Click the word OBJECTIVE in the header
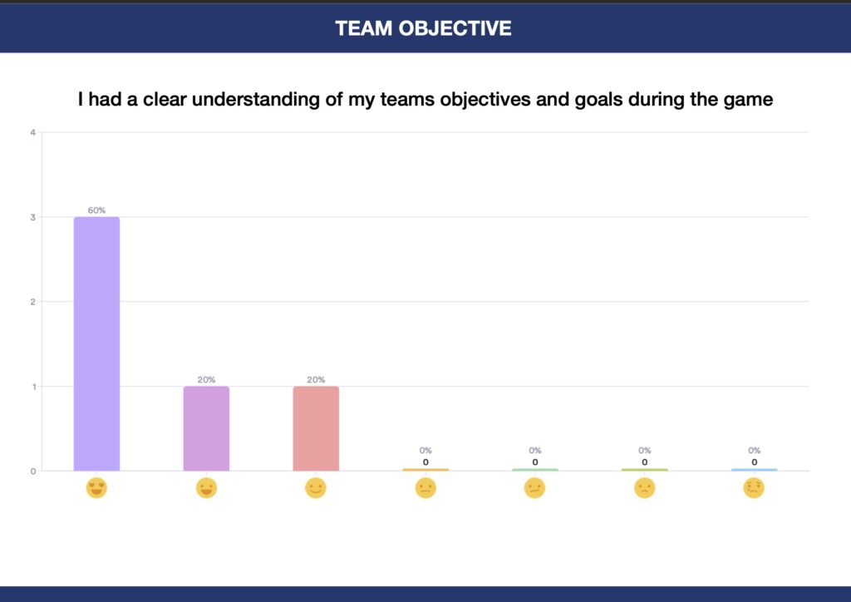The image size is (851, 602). point(455,28)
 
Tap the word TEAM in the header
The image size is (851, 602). point(364,28)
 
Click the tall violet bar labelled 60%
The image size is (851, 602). point(96,343)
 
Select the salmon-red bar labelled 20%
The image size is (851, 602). point(316,428)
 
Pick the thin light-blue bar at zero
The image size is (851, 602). point(755,470)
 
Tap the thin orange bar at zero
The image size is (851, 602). point(425,470)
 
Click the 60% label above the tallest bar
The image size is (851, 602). point(96,210)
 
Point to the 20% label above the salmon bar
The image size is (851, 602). point(316,379)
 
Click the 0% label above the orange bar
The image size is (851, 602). point(425,450)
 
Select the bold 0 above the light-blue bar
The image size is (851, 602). point(755,462)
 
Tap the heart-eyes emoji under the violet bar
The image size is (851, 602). point(96,488)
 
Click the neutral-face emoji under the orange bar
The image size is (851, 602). point(425,488)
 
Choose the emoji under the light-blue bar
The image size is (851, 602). point(754,488)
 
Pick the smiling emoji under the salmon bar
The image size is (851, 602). point(316,488)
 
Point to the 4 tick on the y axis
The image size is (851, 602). point(33,132)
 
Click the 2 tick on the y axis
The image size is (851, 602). point(33,302)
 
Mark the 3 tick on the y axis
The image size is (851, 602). point(33,217)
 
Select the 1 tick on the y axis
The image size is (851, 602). point(33,387)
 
